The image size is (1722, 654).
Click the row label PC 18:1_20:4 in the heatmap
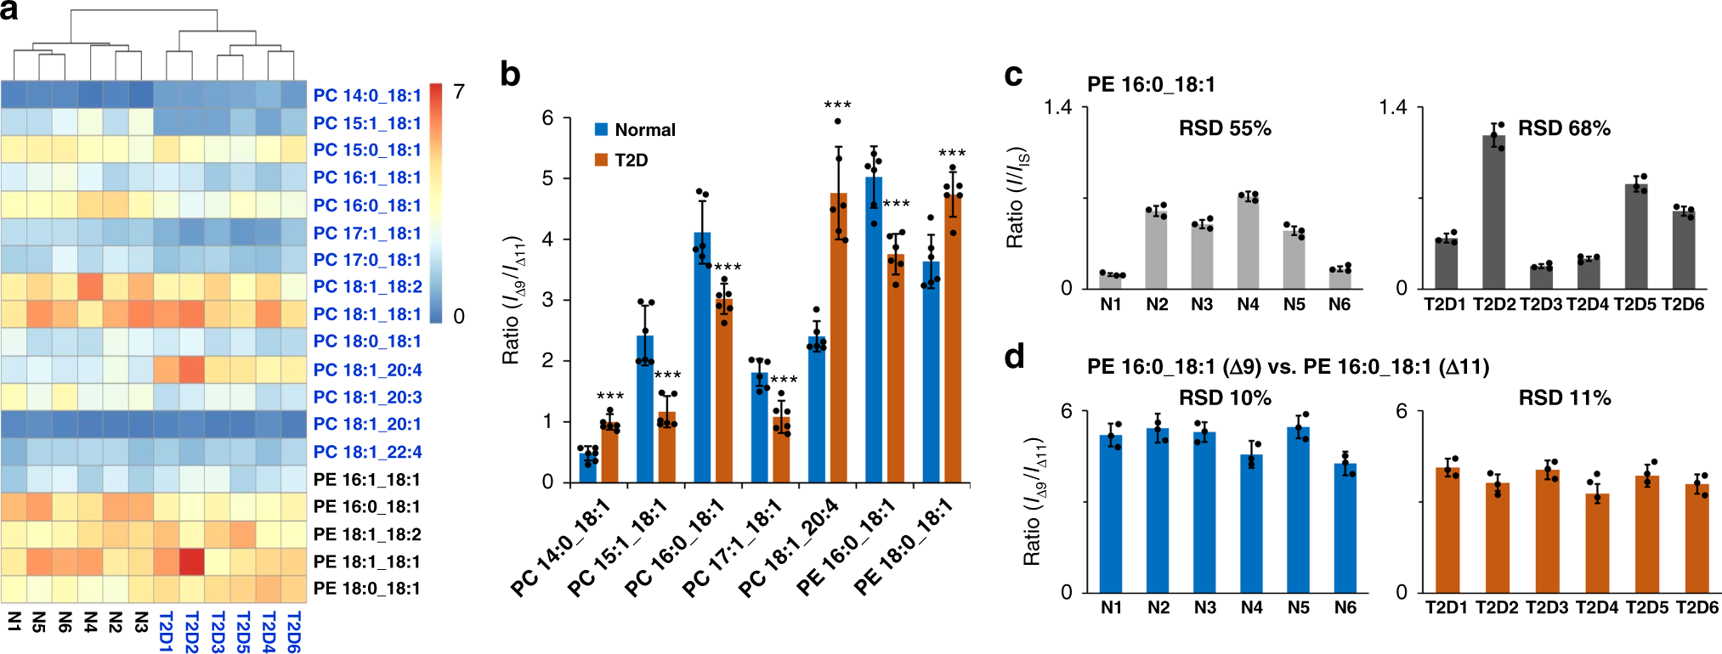[x=367, y=369]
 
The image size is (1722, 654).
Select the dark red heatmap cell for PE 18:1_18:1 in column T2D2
[x=191, y=561]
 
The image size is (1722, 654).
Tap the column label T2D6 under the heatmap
[x=294, y=632]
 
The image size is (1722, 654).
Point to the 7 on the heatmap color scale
[x=459, y=92]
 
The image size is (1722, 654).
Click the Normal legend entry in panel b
[x=644, y=130]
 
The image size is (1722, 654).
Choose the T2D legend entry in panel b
[x=630, y=161]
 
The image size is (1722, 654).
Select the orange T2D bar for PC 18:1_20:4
[x=839, y=340]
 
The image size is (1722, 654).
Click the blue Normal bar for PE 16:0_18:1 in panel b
[x=874, y=331]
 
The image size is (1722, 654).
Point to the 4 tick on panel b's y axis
[x=548, y=240]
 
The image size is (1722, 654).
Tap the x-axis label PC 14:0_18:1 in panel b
[x=561, y=548]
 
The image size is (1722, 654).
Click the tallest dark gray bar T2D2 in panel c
[x=1493, y=212]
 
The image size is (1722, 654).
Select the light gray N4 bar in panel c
[x=1248, y=243]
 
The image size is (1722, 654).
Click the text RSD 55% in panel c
[x=1225, y=128]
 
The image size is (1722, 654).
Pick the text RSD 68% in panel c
[x=1564, y=128]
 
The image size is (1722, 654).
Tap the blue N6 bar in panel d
[x=1345, y=528]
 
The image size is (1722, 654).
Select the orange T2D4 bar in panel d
[x=1597, y=544]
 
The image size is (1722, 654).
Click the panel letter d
[x=1014, y=357]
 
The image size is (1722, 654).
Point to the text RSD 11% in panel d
[x=1564, y=397]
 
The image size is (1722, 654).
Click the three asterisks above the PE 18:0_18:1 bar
[x=952, y=154]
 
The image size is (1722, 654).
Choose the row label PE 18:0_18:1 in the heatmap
[x=367, y=589]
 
